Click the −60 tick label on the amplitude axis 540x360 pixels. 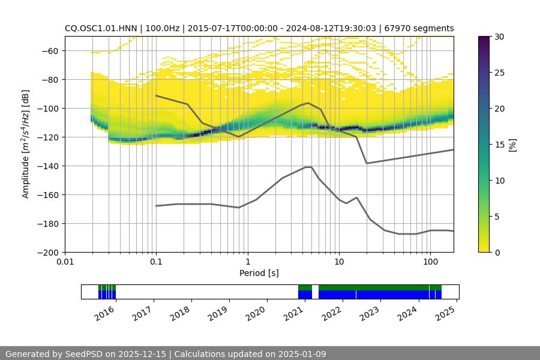[49, 50]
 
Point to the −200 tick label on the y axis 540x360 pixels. [46, 252]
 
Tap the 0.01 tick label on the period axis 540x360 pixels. [65, 262]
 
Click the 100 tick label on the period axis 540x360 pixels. [430, 262]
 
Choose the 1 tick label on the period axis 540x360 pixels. [247, 262]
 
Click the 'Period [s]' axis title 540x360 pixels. [259, 273]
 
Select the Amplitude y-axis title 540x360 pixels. [26, 144]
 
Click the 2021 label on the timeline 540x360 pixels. [295, 313]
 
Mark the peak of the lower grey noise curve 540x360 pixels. [308, 167]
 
